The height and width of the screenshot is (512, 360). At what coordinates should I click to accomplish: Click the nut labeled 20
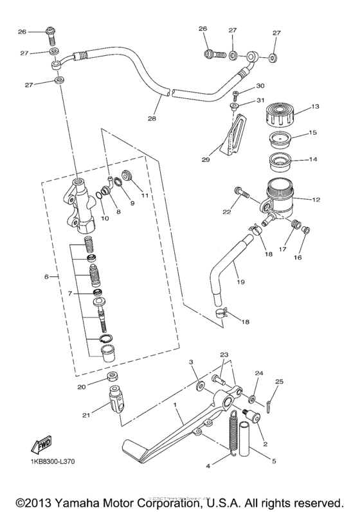[x=113, y=376]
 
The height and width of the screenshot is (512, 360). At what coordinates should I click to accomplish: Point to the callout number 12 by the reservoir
[x=315, y=199]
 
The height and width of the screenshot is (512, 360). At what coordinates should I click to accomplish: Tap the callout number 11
[x=145, y=195]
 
